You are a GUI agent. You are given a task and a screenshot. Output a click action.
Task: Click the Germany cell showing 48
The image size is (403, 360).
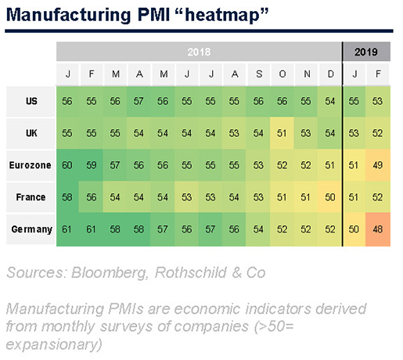[378, 229]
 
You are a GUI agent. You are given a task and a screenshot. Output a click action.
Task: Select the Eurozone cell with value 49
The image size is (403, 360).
[378, 165]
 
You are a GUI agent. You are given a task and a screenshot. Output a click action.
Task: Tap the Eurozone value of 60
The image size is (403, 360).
[67, 165]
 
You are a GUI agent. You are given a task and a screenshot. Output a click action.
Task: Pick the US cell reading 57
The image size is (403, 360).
[139, 101]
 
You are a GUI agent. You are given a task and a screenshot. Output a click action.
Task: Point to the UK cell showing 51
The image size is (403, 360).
[282, 133]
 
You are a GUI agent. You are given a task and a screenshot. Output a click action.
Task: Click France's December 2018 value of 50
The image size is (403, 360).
[329, 197]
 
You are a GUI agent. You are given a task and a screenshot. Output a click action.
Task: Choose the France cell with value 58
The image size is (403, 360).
[67, 197]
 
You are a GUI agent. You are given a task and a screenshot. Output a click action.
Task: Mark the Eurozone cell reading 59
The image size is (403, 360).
[92, 165]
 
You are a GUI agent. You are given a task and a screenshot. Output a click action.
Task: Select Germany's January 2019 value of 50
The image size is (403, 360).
[354, 229]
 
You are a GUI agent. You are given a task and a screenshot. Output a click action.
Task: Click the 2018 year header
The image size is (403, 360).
[199, 52]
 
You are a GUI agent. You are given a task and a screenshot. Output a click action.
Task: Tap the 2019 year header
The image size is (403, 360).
[366, 52]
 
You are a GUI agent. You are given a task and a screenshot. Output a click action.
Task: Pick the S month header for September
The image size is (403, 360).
[259, 74]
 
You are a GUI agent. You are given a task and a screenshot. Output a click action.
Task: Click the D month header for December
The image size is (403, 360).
[330, 74]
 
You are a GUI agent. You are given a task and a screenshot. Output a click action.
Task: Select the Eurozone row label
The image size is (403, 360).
[31, 165]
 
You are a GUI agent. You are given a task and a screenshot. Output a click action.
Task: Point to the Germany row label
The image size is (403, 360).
[32, 229]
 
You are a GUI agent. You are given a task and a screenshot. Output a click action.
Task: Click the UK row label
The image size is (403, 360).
[31, 133]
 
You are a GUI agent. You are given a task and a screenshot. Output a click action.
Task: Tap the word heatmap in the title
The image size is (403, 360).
[222, 15]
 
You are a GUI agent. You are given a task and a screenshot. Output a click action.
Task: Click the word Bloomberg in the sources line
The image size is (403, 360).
[110, 272]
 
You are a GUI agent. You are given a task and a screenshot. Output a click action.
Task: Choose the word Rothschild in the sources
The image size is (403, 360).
[191, 272]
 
